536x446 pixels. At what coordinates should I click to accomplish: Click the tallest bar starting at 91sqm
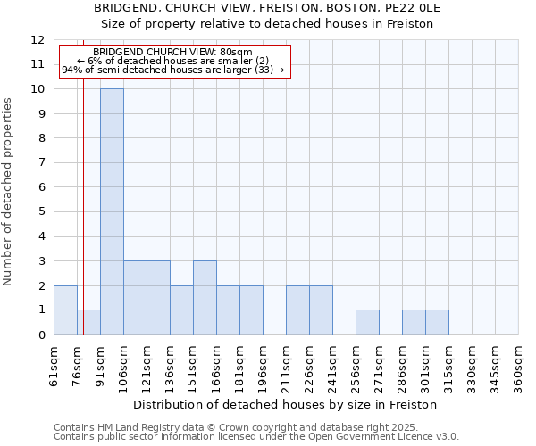(112, 211)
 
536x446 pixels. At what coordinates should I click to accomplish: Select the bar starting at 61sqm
(65, 310)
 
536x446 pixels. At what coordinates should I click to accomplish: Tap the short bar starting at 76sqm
(88, 322)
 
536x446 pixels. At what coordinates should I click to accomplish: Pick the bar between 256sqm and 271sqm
(367, 322)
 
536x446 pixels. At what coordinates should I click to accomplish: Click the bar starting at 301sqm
(437, 322)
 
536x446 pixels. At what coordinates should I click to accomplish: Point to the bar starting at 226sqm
(321, 310)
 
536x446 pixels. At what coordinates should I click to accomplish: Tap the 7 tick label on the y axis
(41, 163)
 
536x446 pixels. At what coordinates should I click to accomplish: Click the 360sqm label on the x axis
(519, 365)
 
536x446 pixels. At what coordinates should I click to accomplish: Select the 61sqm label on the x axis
(54, 365)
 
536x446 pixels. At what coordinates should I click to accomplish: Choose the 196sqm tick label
(264, 365)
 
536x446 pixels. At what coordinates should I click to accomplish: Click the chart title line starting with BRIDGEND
(267, 8)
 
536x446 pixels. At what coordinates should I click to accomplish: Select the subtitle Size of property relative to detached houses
(267, 23)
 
